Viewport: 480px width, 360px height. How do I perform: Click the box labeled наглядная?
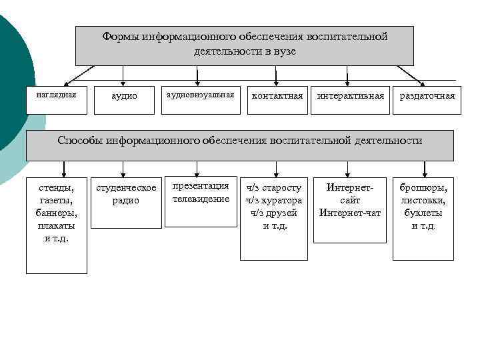pyautogui.click(x=56, y=95)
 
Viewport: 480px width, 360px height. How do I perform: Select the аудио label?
pyautogui.click(x=124, y=96)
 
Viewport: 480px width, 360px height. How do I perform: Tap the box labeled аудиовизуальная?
pyautogui.click(x=200, y=95)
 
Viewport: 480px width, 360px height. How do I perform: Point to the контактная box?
pyautogui.click(x=277, y=96)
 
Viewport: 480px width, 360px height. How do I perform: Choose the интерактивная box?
pyautogui.click(x=351, y=96)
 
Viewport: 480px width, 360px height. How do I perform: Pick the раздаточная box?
pyautogui.click(x=427, y=96)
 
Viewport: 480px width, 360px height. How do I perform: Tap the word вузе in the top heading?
pyautogui.click(x=283, y=51)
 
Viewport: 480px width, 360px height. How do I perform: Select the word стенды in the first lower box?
pyautogui.click(x=56, y=188)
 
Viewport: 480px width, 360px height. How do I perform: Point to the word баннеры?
pyautogui.click(x=56, y=213)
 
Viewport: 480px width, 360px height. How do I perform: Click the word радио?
pyautogui.click(x=126, y=201)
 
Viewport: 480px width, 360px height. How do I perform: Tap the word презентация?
pyautogui.click(x=201, y=186)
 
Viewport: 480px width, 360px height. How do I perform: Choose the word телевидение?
pyautogui.click(x=201, y=199)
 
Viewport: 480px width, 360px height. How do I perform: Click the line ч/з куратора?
pyautogui.click(x=274, y=201)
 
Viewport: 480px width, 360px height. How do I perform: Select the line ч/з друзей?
pyautogui.click(x=274, y=213)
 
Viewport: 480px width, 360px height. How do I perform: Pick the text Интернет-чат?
pyautogui.click(x=350, y=213)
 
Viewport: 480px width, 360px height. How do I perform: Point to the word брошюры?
pyautogui.click(x=424, y=188)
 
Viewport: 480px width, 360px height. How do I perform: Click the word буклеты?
pyautogui.click(x=424, y=213)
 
